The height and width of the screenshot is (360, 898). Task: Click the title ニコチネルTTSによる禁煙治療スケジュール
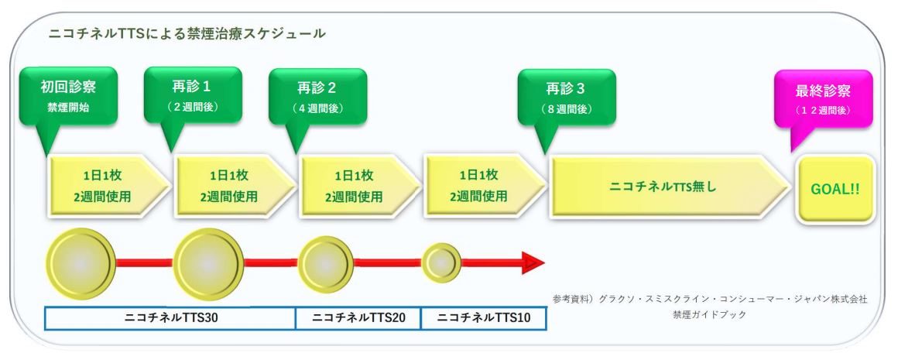187,34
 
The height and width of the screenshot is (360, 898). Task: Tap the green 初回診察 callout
68,96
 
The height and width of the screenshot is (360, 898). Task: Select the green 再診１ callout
193,96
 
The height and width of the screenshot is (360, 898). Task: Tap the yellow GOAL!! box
835,189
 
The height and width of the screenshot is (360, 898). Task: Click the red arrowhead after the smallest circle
533,263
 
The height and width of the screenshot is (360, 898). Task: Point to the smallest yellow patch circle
441,263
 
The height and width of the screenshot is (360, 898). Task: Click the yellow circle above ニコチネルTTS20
325,264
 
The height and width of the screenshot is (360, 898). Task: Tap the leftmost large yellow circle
81,264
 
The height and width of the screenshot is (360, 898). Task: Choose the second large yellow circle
208,264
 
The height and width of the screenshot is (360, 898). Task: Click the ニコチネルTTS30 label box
170,319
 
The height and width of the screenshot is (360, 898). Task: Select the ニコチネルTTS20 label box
358,319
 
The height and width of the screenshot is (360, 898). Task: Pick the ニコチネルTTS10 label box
484,319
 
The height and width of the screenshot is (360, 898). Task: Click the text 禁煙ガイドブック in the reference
710,314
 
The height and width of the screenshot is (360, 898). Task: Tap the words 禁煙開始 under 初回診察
68,108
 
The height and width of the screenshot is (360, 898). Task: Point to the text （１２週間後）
823,110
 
